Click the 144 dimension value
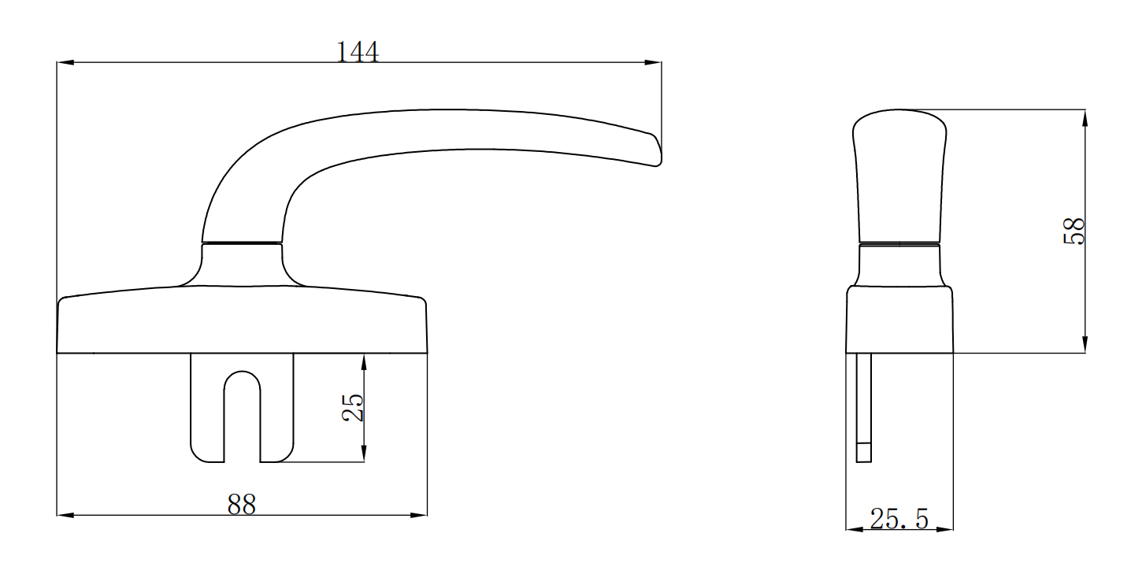tap(358, 52)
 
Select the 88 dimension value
tap(242, 505)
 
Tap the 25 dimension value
tap(354, 407)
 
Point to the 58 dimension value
tap(1074, 231)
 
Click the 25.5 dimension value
tap(899, 518)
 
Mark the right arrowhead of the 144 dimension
tap(654, 63)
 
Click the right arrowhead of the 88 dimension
tap(419, 516)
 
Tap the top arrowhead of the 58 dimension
tap(1085, 117)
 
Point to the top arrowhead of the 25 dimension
tap(364, 361)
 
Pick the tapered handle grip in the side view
tap(899, 173)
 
